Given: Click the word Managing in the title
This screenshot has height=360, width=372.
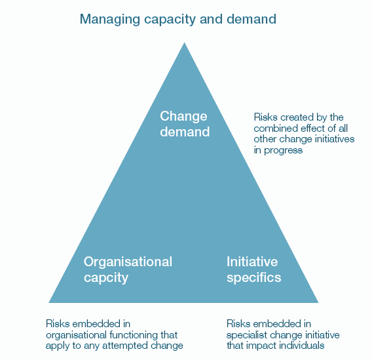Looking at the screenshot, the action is [110, 20].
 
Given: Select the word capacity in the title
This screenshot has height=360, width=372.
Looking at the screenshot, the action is [170, 20].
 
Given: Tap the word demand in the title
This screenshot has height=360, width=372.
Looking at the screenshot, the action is [251, 19].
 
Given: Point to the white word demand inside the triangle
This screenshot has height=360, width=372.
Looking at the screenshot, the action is [185, 132].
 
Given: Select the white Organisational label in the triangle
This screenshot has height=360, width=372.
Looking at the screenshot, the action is [128, 262].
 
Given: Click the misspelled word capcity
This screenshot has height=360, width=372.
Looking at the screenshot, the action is [106, 278].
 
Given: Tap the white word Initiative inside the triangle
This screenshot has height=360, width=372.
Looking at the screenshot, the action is [252, 262].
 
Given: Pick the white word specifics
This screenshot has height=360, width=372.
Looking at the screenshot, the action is [253, 277].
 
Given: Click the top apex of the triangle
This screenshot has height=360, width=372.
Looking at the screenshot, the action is [184, 43].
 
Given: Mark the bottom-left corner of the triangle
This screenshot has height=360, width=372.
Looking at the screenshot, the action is [49, 302].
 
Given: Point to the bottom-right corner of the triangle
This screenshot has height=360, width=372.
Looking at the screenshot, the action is [318, 302].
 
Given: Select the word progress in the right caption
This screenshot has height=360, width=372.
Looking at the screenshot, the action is [284, 151].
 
